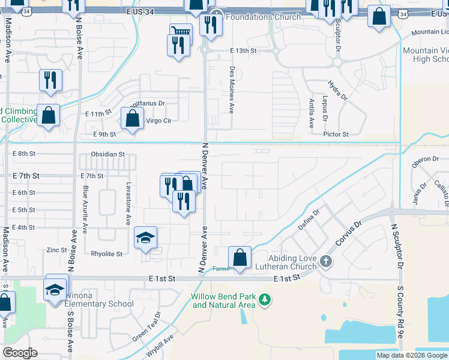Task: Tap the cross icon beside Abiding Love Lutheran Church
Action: point(325,261)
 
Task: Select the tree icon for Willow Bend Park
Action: point(264,299)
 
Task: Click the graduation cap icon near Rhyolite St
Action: point(145,239)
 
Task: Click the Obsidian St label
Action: point(107,154)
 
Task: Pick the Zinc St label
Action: point(56,250)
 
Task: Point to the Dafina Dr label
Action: point(310,219)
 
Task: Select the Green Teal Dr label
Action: point(146,324)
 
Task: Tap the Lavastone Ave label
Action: point(127,203)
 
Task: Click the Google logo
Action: point(20,353)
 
